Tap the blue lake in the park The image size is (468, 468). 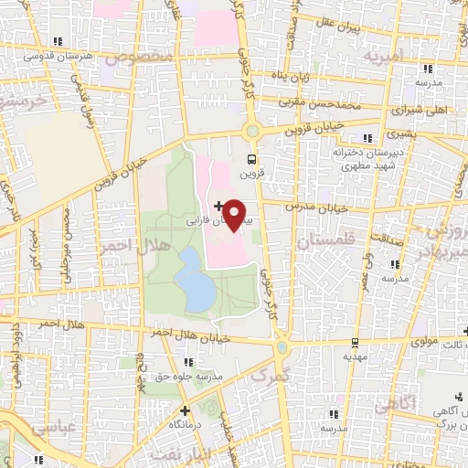coord(197,280)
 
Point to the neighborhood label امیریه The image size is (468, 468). coord(383,56)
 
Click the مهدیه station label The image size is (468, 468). coord(356,357)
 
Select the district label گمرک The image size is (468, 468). coord(269,376)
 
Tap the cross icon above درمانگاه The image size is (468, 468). coord(186,411)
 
